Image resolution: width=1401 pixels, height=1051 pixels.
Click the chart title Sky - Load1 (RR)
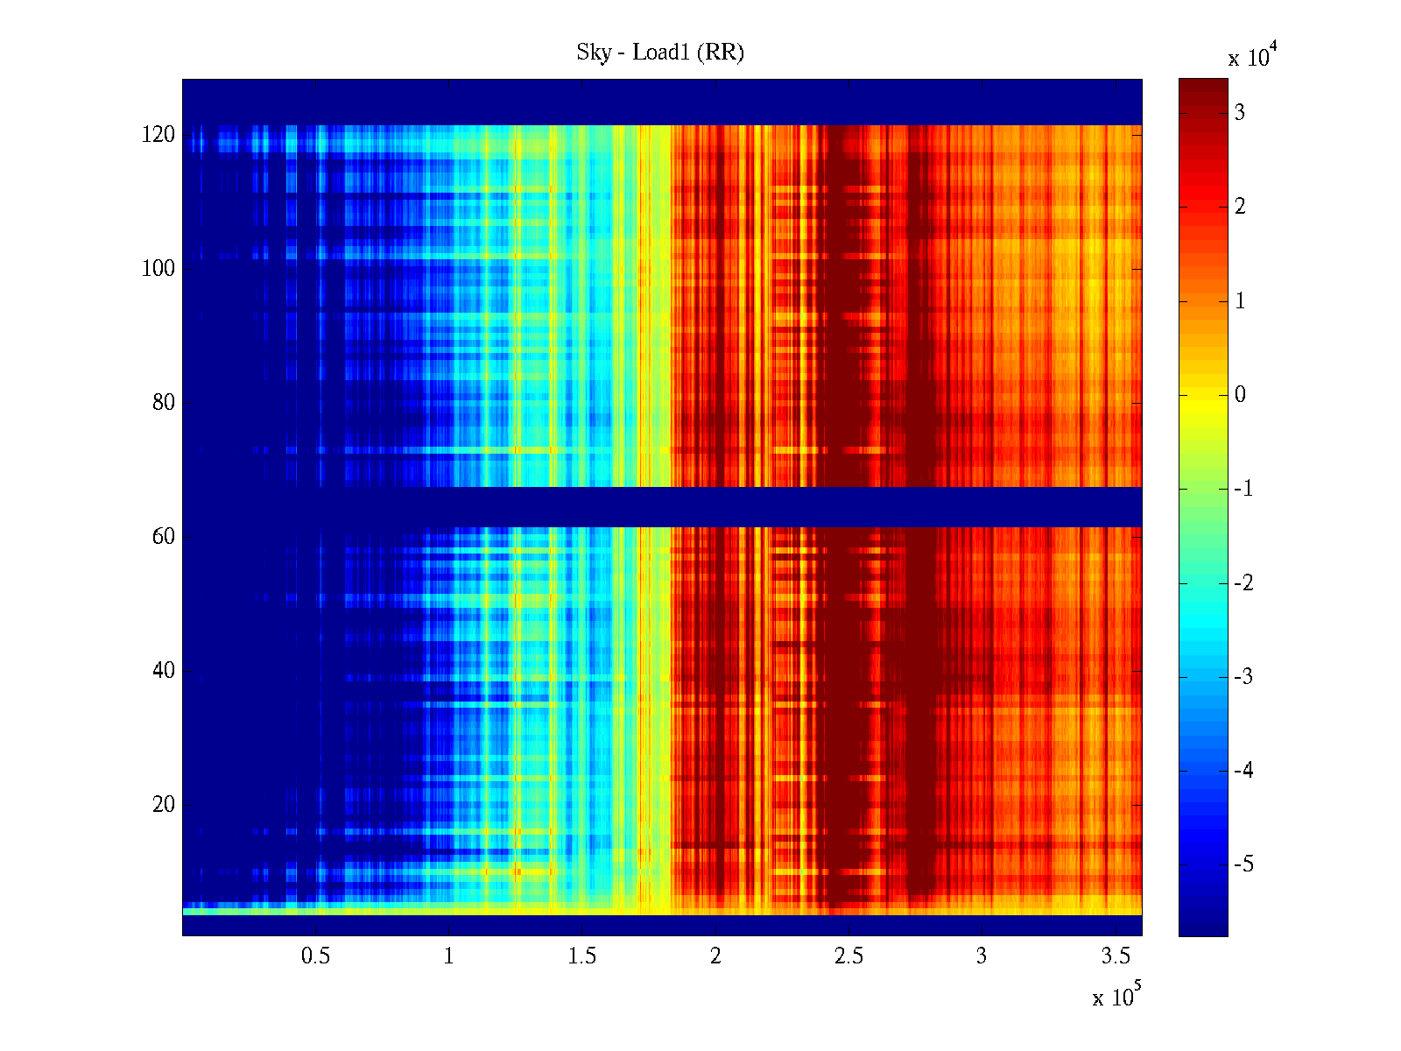point(660,53)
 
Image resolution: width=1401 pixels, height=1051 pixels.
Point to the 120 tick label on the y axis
point(158,135)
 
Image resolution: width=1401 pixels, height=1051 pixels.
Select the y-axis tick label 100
point(158,269)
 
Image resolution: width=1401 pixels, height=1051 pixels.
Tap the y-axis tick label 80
point(164,403)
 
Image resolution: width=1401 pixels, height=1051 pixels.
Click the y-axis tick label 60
point(164,537)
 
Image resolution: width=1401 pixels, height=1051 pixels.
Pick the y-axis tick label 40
point(164,671)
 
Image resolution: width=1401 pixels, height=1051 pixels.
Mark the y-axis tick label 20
point(164,805)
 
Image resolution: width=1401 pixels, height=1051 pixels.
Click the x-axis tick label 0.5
point(315,956)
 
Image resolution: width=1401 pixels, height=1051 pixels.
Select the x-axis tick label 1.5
point(582,956)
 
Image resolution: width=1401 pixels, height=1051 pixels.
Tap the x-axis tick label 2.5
point(848,956)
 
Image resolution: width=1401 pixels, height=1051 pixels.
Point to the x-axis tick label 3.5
point(1116,956)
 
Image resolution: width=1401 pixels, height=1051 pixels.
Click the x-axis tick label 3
point(982,956)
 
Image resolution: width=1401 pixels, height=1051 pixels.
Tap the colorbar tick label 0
point(1240,395)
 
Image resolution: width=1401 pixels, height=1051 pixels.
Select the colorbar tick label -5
point(1243,864)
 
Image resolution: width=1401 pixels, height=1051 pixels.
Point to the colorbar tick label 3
point(1240,113)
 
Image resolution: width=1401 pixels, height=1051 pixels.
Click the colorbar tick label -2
point(1243,583)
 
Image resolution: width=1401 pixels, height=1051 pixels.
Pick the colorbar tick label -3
point(1243,677)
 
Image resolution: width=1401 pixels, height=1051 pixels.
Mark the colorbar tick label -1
point(1243,489)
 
